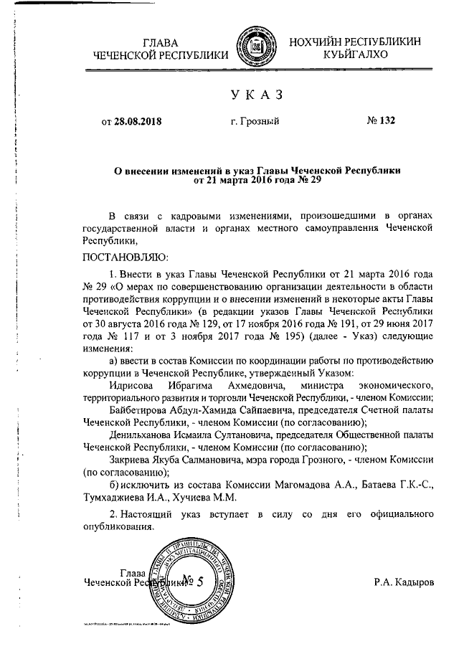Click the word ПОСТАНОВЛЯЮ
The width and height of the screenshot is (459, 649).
pyautogui.click(x=125, y=256)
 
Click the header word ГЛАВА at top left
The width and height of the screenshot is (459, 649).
pyautogui.click(x=161, y=42)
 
